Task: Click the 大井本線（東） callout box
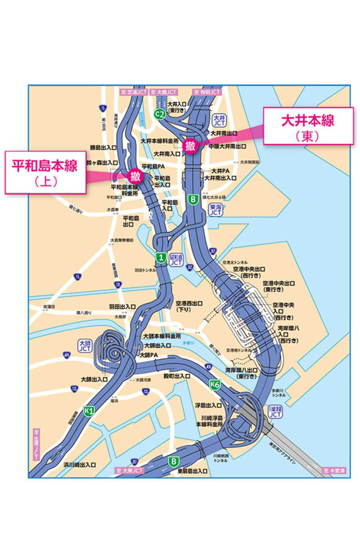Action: click(x=308, y=126)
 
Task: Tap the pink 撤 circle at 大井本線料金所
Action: click(x=190, y=145)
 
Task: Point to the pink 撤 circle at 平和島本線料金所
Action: click(x=135, y=176)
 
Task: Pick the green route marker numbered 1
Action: click(x=160, y=256)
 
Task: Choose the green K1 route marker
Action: click(x=89, y=411)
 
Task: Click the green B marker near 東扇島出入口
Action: click(x=173, y=462)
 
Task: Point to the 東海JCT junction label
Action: click(x=215, y=211)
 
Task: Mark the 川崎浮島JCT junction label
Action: click(x=275, y=412)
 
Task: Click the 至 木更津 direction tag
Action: click(x=335, y=470)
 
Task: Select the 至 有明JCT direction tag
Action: click(x=207, y=92)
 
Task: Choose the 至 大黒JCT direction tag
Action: click(x=130, y=470)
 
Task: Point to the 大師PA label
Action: click(x=148, y=355)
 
